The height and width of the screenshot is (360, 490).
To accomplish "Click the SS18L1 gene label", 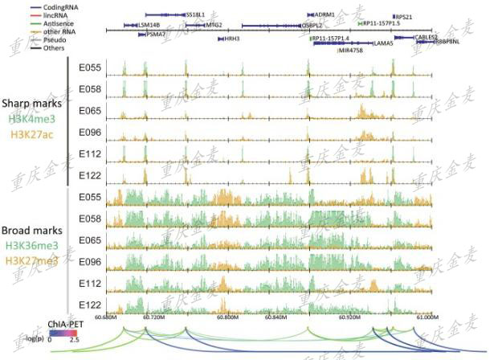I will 195,14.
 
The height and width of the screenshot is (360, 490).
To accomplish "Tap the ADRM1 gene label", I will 325,14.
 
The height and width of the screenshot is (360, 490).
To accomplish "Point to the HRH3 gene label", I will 232,38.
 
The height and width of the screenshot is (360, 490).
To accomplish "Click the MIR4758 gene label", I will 351,50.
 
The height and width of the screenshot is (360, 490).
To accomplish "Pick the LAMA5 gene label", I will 383,43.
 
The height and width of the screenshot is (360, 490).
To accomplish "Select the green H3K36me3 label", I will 31,245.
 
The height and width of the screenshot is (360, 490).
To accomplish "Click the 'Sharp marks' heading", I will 30,104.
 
